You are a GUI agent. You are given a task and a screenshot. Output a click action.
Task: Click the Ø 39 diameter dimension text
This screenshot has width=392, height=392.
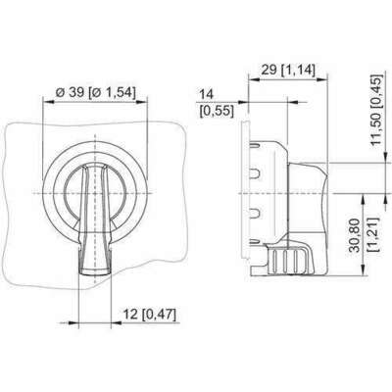70,92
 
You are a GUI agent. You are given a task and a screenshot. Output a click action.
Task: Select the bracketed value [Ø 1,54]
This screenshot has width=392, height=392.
112,92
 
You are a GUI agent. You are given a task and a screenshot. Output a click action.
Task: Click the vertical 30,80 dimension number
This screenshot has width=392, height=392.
355,235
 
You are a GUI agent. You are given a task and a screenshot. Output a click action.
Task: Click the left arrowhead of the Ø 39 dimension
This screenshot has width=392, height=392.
48,102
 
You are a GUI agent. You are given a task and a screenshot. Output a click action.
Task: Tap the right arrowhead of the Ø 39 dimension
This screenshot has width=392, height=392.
142,102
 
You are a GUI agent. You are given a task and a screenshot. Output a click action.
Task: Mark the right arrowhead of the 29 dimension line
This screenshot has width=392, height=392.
322,78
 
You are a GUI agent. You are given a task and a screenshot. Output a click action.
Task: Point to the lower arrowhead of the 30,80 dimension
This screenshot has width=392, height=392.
364,270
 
